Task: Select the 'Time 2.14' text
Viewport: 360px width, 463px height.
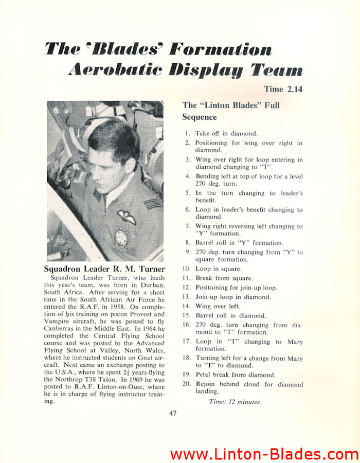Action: tap(283, 90)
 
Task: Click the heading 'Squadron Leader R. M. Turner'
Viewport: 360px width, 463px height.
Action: tap(104, 269)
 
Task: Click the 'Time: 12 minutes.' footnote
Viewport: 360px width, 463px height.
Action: tap(235, 402)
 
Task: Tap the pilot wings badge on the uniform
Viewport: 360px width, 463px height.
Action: tap(126, 217)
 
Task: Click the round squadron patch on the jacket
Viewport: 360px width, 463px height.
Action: tap(121, 238)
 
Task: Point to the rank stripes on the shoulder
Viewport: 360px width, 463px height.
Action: tap(152, 204)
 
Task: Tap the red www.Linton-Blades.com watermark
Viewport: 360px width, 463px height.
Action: tap(264, 454)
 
